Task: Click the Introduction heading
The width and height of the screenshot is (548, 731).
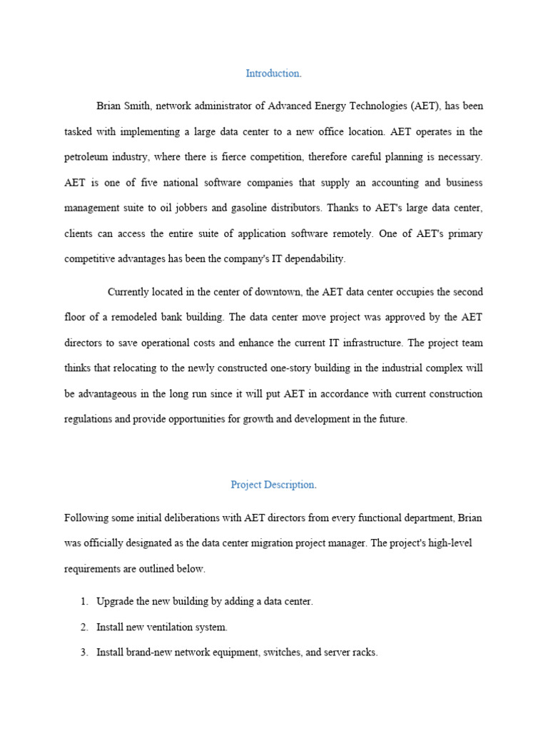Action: coord(273,74)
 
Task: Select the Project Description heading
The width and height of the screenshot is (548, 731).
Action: coord(273,485)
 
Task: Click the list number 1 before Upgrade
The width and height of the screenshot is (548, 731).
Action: coord(83,601)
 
